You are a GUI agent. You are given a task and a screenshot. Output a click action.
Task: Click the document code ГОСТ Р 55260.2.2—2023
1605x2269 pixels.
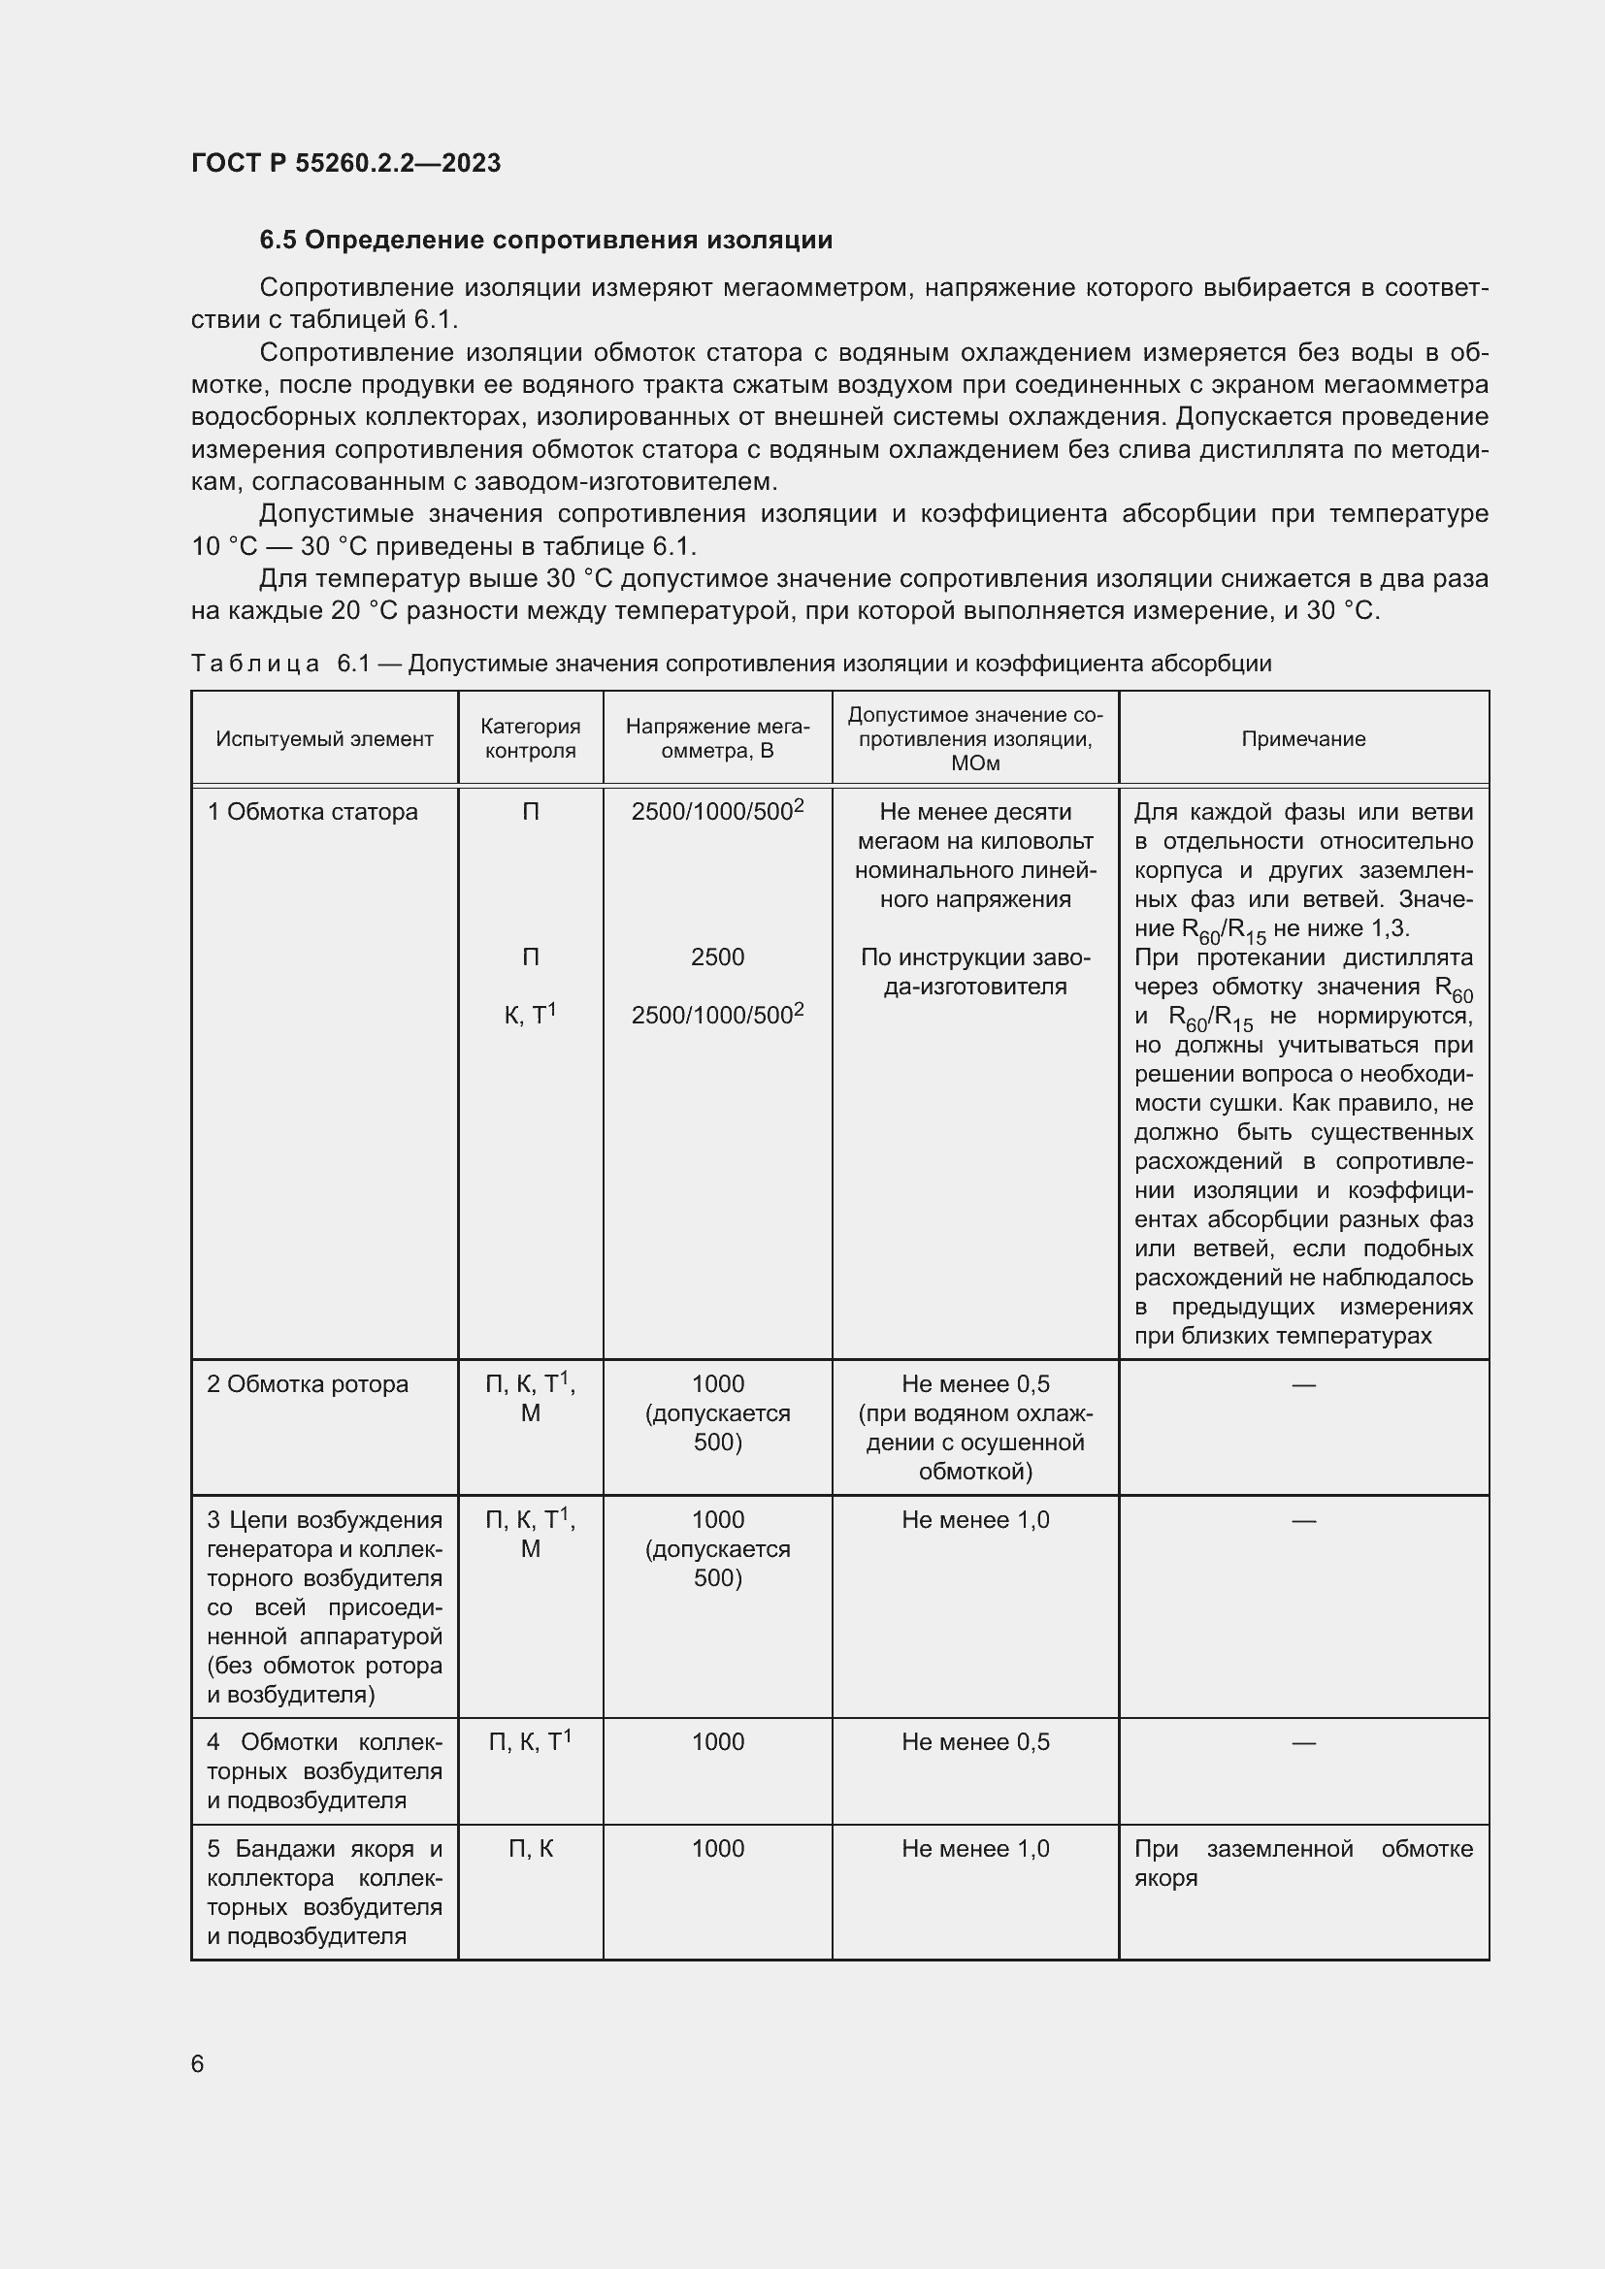[x=345, y=163]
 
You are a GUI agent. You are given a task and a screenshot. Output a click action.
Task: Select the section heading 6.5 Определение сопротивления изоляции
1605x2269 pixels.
[x=545, y=241]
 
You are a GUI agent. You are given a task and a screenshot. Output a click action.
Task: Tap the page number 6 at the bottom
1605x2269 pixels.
[x=198, y=2063]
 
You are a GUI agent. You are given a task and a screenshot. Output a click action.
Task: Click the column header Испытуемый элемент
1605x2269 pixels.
[x=324, y=739]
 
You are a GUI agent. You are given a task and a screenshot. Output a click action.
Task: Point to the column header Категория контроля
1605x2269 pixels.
[x=531, y=738]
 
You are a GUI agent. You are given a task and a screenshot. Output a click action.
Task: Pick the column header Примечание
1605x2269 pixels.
[x=1302, y=739]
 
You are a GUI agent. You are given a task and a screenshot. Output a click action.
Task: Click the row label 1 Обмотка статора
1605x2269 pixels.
[x=312, y=811]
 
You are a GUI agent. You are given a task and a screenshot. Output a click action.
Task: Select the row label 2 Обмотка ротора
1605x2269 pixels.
[x=308, y=1383]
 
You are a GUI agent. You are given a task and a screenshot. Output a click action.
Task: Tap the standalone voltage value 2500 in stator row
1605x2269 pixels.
[x=717, y=956]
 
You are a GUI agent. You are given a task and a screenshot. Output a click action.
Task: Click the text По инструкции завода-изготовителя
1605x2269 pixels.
[x=974, y=971]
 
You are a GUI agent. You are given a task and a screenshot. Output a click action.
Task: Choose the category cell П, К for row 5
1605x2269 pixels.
[x=531, y=1848]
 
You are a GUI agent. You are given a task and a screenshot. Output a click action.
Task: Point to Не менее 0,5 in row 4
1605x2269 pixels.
[x=974, y=1741]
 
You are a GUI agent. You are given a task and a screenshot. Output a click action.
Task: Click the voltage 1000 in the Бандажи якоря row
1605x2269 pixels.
[x=717, y=1848]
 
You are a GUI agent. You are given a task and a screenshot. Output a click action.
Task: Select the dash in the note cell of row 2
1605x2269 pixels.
[x=1302, y=1384]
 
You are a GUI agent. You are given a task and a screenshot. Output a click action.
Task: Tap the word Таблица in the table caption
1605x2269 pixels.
[x=255, y=664]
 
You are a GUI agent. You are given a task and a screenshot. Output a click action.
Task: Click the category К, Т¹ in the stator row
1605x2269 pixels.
[x=531, y=1015]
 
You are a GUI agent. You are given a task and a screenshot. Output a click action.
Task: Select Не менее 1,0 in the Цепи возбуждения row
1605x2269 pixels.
[x=974, y=1520]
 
